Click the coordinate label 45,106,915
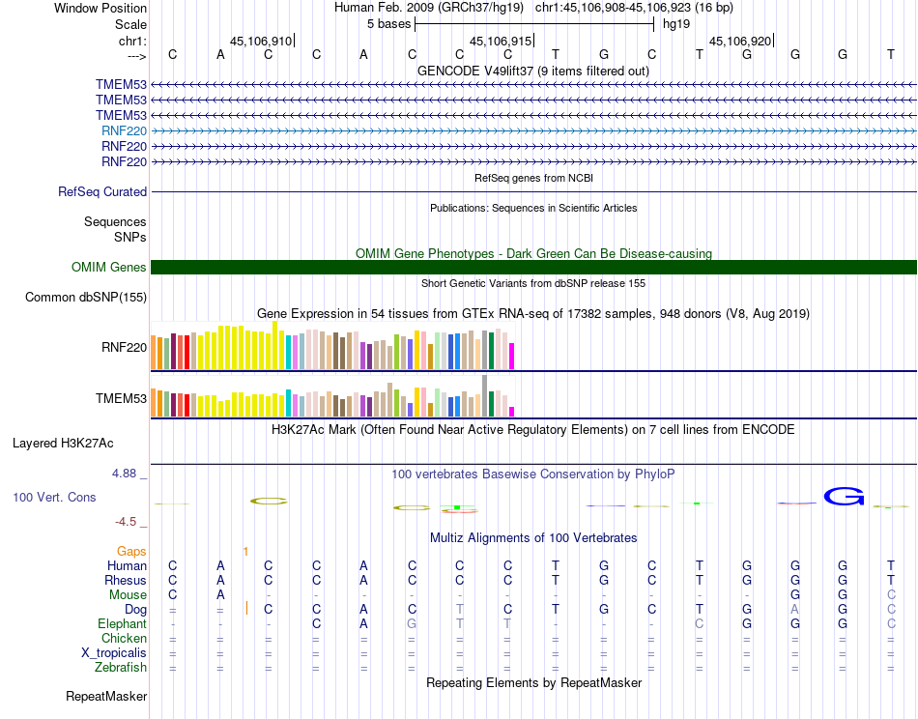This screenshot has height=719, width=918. pos(501,42)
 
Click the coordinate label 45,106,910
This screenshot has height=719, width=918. pos(261,42)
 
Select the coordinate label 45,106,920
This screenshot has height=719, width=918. pos(740,42)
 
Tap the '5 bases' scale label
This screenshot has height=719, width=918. pos(388,24)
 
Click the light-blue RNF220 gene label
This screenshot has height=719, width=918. pos(124,130)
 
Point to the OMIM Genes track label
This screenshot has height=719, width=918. pos(109,268)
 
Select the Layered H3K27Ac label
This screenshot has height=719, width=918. pos(63,444)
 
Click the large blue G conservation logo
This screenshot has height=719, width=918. pos(843,497)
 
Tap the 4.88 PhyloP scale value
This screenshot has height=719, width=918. pos(127,474)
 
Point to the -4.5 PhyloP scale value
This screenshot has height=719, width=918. pos(127,522)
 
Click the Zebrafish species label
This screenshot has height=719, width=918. pos(121,667)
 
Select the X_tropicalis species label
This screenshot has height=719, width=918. pos(114,652)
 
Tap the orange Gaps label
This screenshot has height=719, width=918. pos(131,551)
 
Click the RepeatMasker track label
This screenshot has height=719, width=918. pos(106,696)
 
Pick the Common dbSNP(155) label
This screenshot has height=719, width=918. pos(86,297)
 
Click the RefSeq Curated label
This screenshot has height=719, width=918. pos(102,192)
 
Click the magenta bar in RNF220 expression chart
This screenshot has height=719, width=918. pos(512,356)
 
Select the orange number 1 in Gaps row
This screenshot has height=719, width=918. pos(245,551)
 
